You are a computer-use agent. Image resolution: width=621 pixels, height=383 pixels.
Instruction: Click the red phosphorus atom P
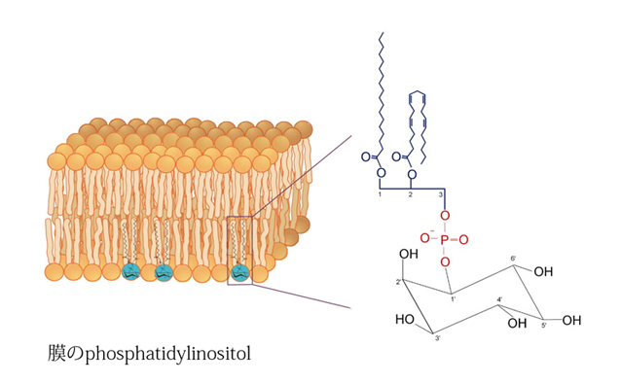(x=445, y=239)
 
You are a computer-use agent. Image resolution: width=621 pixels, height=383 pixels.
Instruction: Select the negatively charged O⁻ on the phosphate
(x=425, y=237)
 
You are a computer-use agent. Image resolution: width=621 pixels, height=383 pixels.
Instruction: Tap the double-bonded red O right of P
(x=463, y=239)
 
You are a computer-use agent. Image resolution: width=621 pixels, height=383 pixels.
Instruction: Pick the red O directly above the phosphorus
(x=445, y=216)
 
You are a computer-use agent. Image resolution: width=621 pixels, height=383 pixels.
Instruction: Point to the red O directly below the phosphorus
(x=445, y=261)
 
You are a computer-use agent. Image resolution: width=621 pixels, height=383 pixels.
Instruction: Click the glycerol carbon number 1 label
(x=380, y=194)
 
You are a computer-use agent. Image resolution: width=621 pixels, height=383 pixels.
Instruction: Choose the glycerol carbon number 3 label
(x=440, y=194)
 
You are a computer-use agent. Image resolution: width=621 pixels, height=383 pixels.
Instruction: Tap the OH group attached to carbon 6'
(x=543, y=272)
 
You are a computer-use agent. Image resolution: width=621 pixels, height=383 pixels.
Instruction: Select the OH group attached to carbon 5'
(x=571, y=320)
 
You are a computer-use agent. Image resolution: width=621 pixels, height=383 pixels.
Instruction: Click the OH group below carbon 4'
(x=517, y=324)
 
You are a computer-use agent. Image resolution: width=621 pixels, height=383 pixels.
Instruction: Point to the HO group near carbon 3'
(x=405, y=319)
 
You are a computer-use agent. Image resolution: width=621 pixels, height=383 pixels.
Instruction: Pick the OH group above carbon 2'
(x=409, y=254)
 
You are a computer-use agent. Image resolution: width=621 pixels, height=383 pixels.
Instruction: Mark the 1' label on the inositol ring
(x=453, y=299)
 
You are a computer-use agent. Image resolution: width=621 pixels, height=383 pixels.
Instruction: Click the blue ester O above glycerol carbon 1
(x=381, y=173)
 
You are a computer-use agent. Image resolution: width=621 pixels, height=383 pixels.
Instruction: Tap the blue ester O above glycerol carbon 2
(x=412, y=174)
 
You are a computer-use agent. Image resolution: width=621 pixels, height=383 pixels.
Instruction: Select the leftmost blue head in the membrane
(x=130, y=272)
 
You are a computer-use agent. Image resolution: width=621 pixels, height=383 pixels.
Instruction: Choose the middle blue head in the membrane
(x=164, y=272)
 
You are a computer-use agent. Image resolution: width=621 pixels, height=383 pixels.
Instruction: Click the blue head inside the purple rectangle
(x=239, y=272)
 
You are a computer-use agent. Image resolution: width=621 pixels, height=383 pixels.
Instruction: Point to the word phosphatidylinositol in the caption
(x=168, y=353)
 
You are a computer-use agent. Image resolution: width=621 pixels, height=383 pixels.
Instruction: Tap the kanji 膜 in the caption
(x=56, y=353)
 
